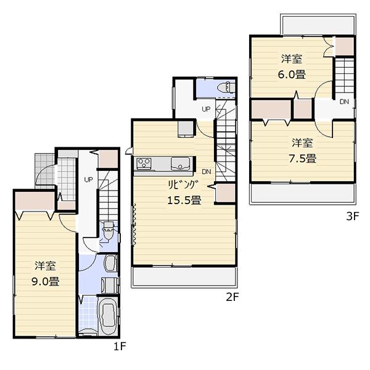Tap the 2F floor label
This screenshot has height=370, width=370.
(232, 297)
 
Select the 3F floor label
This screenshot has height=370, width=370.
(351, 216)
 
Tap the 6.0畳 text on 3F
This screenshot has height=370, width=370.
(292, 75)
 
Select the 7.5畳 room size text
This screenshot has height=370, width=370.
(303, 157)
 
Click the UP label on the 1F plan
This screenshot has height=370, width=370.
(88, 180)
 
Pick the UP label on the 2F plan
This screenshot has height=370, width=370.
(207, 109)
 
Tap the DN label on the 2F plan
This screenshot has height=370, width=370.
(206, 171)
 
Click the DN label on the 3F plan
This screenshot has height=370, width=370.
(343, 102)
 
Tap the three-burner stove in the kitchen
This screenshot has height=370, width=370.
(145, 163)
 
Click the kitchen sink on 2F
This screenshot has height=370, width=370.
(181, 163)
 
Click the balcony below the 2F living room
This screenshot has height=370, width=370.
(184, 277)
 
